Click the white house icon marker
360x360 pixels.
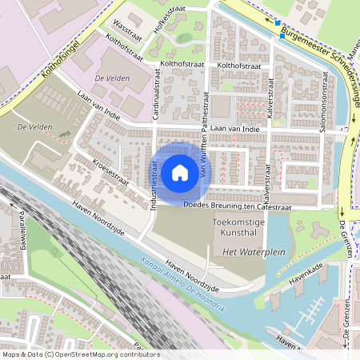(180, 172)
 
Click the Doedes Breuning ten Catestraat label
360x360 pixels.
(238, 206)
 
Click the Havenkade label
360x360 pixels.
(307, 274)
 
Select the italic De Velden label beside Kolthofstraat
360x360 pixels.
(111, 79)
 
